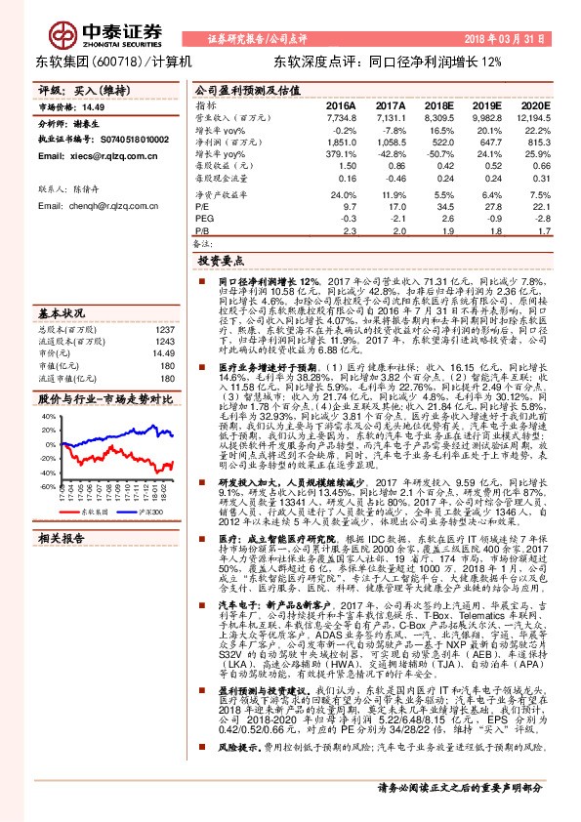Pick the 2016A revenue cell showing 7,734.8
[x=340, y=117]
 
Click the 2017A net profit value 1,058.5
[x=390, y=143]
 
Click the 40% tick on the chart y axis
[x=48, y=417]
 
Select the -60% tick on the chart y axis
[x=48, y=485]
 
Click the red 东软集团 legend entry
[x=88, y=511]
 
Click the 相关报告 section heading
[x=64, y=538]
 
